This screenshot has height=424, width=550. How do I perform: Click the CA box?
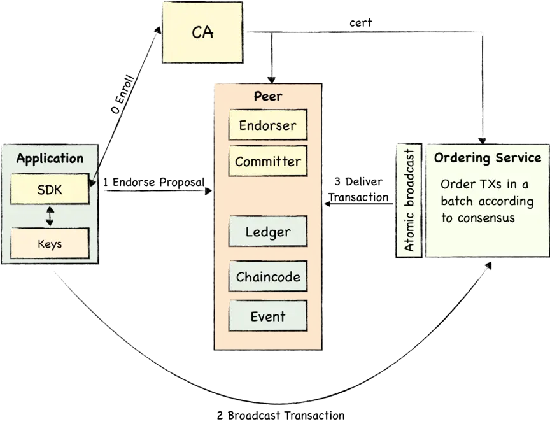(x=202, y=32)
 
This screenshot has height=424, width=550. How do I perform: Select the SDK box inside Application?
(x=50, y=189)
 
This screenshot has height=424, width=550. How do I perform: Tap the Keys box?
(x=50, y=243)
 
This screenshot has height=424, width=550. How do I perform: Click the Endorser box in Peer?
(x=267, y=125)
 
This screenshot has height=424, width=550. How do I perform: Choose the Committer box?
(x=267, y=161)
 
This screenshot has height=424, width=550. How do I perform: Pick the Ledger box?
(x=267, y=232)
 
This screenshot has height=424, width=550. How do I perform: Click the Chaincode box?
(x=267, y=276)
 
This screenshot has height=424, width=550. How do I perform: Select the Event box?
(x=267, y=316)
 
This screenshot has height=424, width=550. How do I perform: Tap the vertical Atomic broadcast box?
(x=409, y=201)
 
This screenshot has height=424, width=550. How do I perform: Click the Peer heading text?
(x=268, y=96)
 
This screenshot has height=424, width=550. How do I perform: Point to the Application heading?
(x=50, y=159)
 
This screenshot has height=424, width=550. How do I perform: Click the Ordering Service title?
(x=488, y=158)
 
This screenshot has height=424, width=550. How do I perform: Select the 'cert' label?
(x=360, y=23)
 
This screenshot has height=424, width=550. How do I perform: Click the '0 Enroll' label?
(x=123, y=94)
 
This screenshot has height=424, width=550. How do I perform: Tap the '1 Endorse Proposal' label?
(x=153, y=182)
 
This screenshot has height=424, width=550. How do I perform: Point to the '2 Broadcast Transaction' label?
(x=281, y=416)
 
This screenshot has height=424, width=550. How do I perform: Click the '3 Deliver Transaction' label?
(x=358, y=189)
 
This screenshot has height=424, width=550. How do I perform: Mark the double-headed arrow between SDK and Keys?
(x=50, y=216)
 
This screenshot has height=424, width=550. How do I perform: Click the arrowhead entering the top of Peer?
(x=271, y=80)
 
